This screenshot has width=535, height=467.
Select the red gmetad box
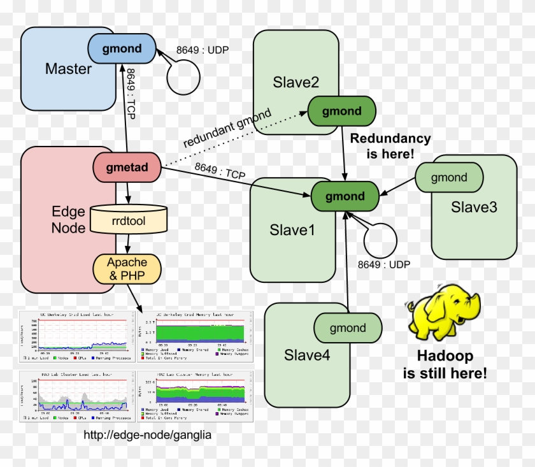pyautogui.click(x=127, y=168)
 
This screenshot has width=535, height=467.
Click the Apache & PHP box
pyautogui.click(x=127, y=269)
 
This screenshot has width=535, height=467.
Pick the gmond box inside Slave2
pyautogui.click(x=341, y=111)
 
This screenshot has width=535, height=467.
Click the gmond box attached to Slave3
pyautogui.click(x=449, y=178)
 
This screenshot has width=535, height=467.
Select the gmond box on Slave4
pyautogui.click(x=348, y=328)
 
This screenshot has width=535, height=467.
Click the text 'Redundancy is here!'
pyautogui.click(x=390, y=146)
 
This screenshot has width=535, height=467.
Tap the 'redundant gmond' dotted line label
pyautogui.click(x=227, y=128)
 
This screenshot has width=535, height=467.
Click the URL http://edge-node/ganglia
pyautogui.click(x=147, y=435)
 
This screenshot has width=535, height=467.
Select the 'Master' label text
pyautogui.click(x=69, y=68)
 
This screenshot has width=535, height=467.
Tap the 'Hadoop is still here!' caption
pyautogui.click(x=445, y=365)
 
